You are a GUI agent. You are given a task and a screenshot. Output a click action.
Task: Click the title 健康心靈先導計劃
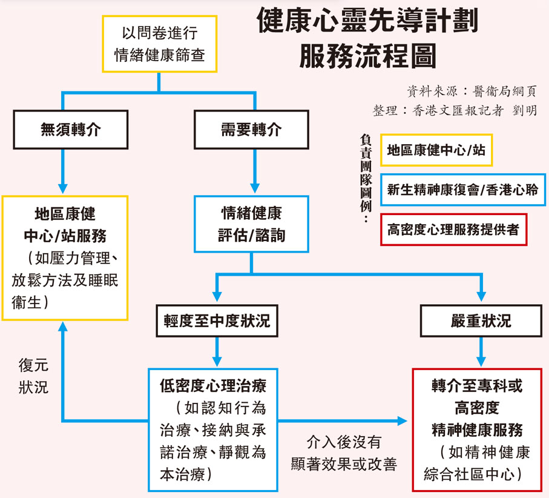(x=367, y=22)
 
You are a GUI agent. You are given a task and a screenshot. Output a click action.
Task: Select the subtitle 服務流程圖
(x=367, y=56)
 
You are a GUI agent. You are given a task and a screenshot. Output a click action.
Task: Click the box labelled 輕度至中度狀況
(x=216, y=321)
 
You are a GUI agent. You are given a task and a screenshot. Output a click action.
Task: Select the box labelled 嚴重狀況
(x=481, y=321)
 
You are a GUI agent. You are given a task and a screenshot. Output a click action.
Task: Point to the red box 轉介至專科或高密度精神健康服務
(x=477, y=430)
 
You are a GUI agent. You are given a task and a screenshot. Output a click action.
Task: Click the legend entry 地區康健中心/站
(x=436, y=150)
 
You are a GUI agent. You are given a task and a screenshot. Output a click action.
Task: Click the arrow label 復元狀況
(x=33, y=376)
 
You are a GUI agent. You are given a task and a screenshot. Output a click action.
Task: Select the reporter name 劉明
(x=524, y=111)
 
